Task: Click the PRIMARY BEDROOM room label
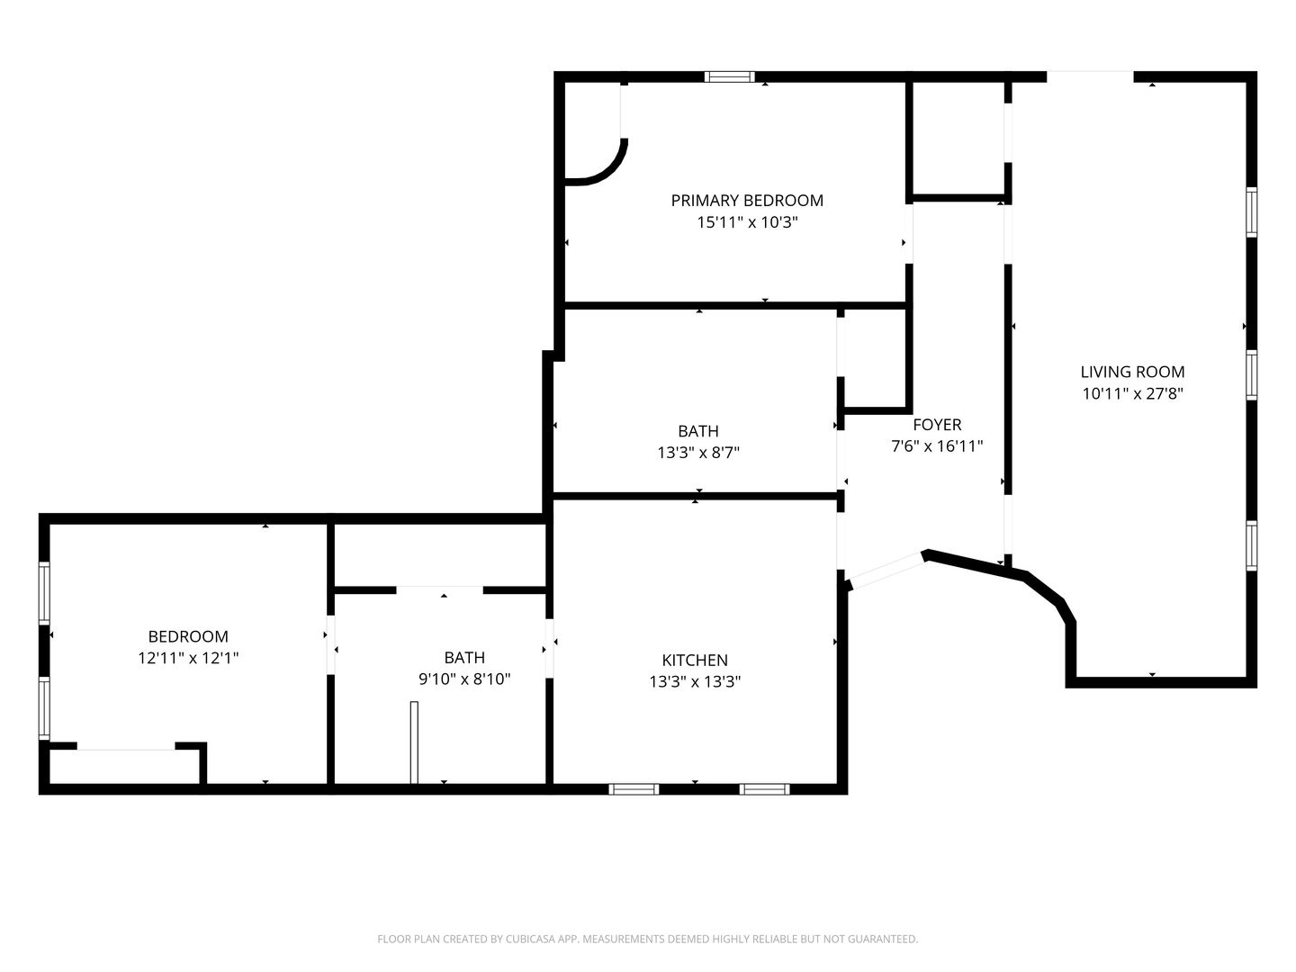point(747,201)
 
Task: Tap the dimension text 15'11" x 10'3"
point(747,222)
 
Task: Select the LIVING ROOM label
point(1132,372)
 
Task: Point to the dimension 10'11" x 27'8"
point(1132,393)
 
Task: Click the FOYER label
point(937,424)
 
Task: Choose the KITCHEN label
point(694,660)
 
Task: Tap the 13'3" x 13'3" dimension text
point(694,681)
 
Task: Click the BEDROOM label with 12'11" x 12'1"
point(188,636)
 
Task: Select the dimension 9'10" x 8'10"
point(464,679)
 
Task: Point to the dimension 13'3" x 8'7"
point(697,453)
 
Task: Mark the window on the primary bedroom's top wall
point(729,76)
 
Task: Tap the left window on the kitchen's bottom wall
point(633,789)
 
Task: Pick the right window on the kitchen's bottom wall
point(764,789)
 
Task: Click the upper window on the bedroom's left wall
point(44,592)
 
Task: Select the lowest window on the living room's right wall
point(1251,546)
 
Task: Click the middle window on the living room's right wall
point(1251,375)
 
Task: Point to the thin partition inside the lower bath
point(414,742)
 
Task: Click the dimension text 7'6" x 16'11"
point(936,446)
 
